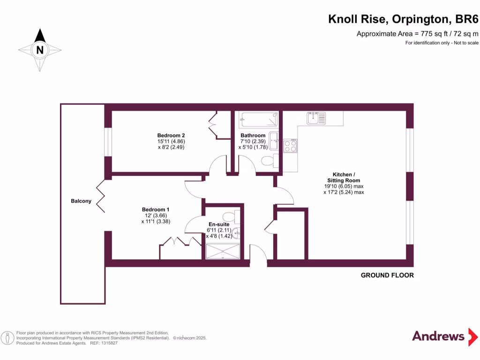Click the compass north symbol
[x=40, y=49]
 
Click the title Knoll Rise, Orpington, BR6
[x=403, y=19]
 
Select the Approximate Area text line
[x=417, y=33]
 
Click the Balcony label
[x=81, y=201]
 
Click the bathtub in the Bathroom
[x=257, y=120]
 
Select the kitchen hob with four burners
[x=290, y=147]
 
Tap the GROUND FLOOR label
[x=387, y=275]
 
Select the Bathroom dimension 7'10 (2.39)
[x=253, y=142]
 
